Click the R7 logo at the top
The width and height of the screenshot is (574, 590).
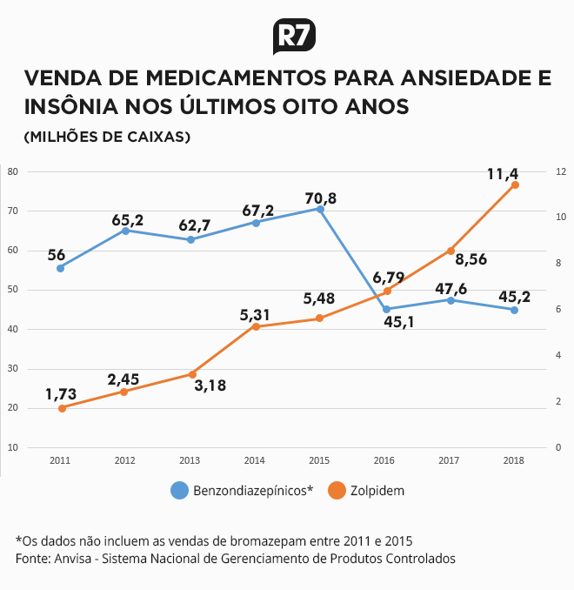click(x=294, y=37)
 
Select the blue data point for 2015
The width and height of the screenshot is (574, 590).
click(x=320, y=209)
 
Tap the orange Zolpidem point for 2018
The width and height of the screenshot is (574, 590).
click(x=515, y=184)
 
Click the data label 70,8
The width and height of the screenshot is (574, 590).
click(x=320, y=198)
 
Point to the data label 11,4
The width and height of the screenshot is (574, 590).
click(x=503, y=174)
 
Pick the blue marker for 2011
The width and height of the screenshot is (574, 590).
click(x=60, y=268)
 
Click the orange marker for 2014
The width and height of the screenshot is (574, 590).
click(x=256, y=326)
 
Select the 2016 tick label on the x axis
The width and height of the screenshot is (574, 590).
click(x=384, y=460)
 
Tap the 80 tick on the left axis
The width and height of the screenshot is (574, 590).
click(x=13, y=171)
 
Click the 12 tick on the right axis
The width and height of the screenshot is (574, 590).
click(x=561, y=171)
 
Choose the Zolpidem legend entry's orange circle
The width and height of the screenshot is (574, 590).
click(x=337, y=490)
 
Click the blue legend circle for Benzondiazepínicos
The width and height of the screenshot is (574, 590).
click(x=179, y=490)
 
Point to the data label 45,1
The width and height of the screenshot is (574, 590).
click(x=398, y=322)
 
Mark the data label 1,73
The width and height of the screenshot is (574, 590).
click(x=61, y=394)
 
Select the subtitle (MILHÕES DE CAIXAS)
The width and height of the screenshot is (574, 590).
click(x=107, y=137)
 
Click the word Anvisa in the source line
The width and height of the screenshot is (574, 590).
click(x=72, y=559)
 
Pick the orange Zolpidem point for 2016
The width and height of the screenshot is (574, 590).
click(x=387, y=292)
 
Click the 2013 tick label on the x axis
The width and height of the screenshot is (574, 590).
click(x=190, y=460)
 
